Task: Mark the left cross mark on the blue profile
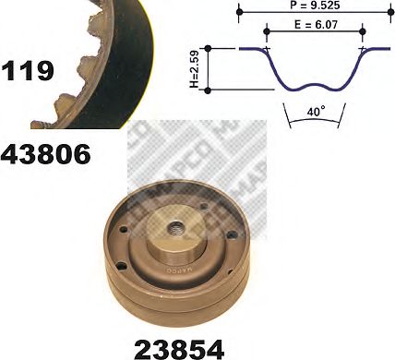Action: click(x=267, y=49)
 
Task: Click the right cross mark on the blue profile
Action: click(x=363, y=49)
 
